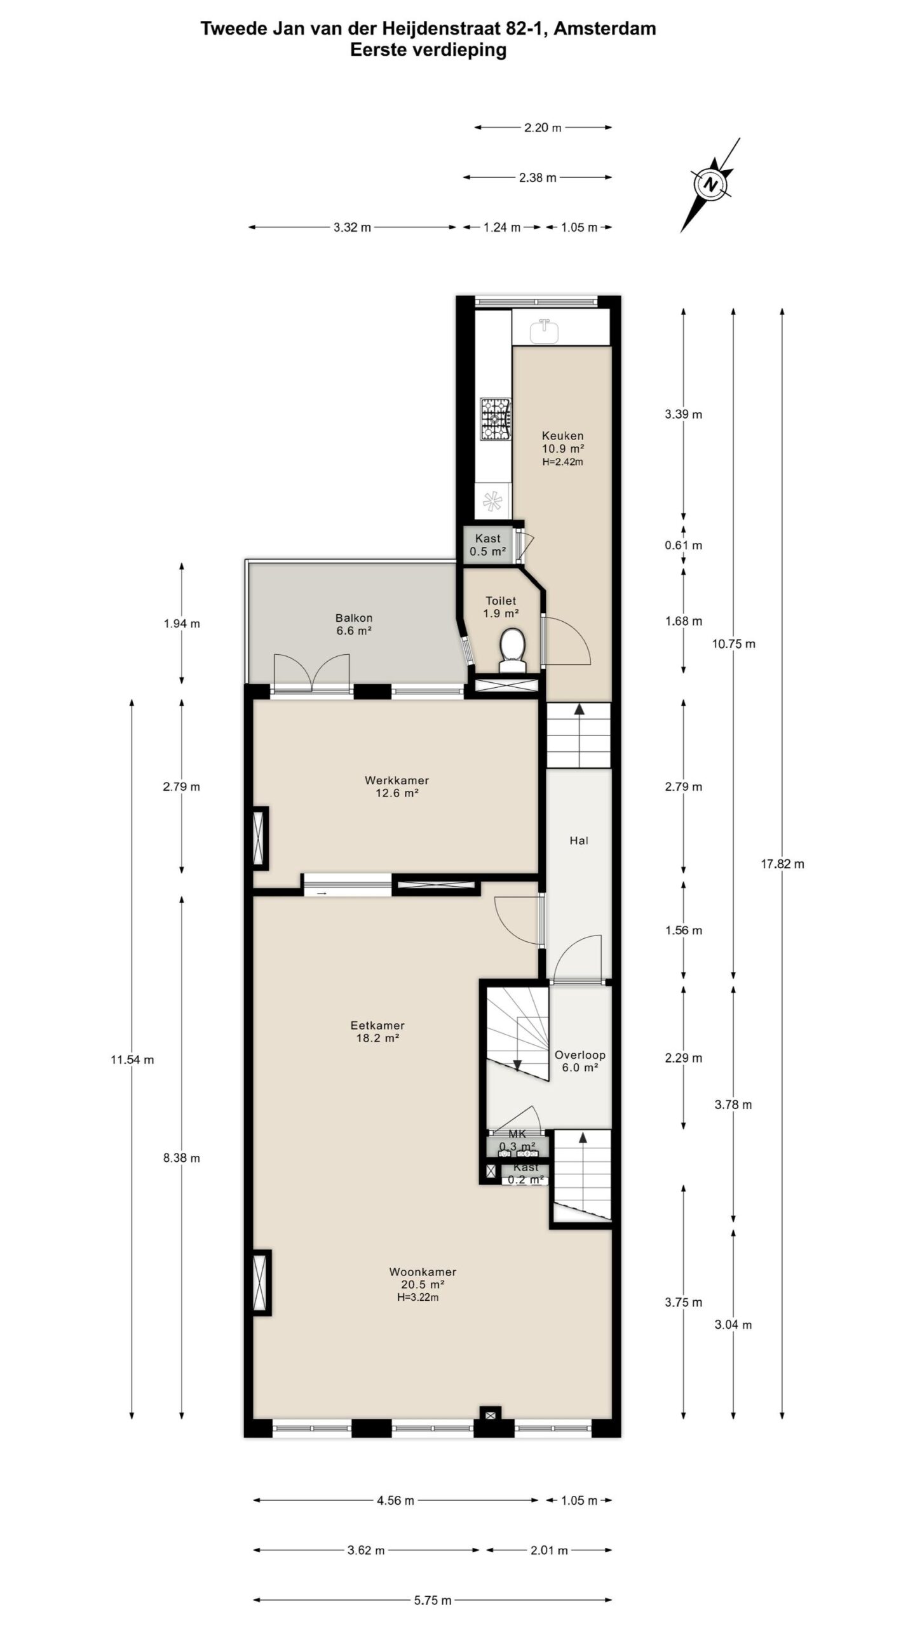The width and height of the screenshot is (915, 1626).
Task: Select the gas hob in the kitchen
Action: coord(495,419)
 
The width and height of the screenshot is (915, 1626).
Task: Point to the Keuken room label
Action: coord(562,436)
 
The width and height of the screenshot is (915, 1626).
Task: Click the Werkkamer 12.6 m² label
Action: coord(396,786)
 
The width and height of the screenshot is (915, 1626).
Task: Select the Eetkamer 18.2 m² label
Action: coord(377,1031)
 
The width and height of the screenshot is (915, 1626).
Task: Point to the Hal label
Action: coord(579,840)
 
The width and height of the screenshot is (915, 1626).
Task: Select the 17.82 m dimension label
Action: coord(782,863)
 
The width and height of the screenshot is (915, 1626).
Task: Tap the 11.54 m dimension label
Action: coord(132,1059)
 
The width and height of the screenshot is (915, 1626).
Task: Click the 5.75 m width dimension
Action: coord(433,1595)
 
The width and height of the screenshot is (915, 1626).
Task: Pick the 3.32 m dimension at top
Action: coord(352,227)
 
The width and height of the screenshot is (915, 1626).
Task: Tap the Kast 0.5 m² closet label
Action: coord(488,545)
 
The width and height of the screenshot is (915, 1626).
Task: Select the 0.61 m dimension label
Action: coord(683,545)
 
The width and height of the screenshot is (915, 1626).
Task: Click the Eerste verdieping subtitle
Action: coord(428,50)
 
